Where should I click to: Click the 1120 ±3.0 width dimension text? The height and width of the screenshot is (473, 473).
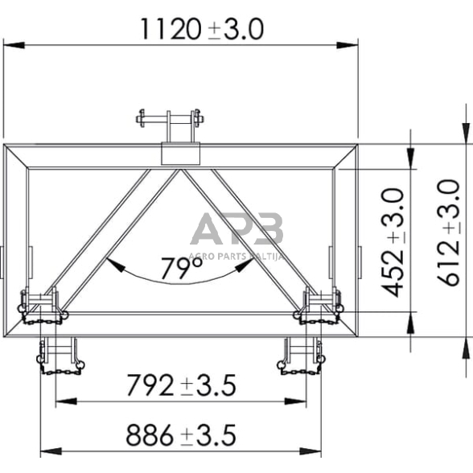point(201,29)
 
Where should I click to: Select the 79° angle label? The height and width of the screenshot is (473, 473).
point(180,266)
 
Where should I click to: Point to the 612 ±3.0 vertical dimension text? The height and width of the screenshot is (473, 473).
point(446,234)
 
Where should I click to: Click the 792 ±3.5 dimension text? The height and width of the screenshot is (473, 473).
point(180,387)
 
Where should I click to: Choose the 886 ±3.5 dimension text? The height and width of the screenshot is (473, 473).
point(180,436)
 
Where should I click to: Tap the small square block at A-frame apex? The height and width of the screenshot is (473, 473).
point(180,154)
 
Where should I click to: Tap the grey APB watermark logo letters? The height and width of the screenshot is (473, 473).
point(236,228)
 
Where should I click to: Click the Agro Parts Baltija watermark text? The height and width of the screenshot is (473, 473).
point(236,251)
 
